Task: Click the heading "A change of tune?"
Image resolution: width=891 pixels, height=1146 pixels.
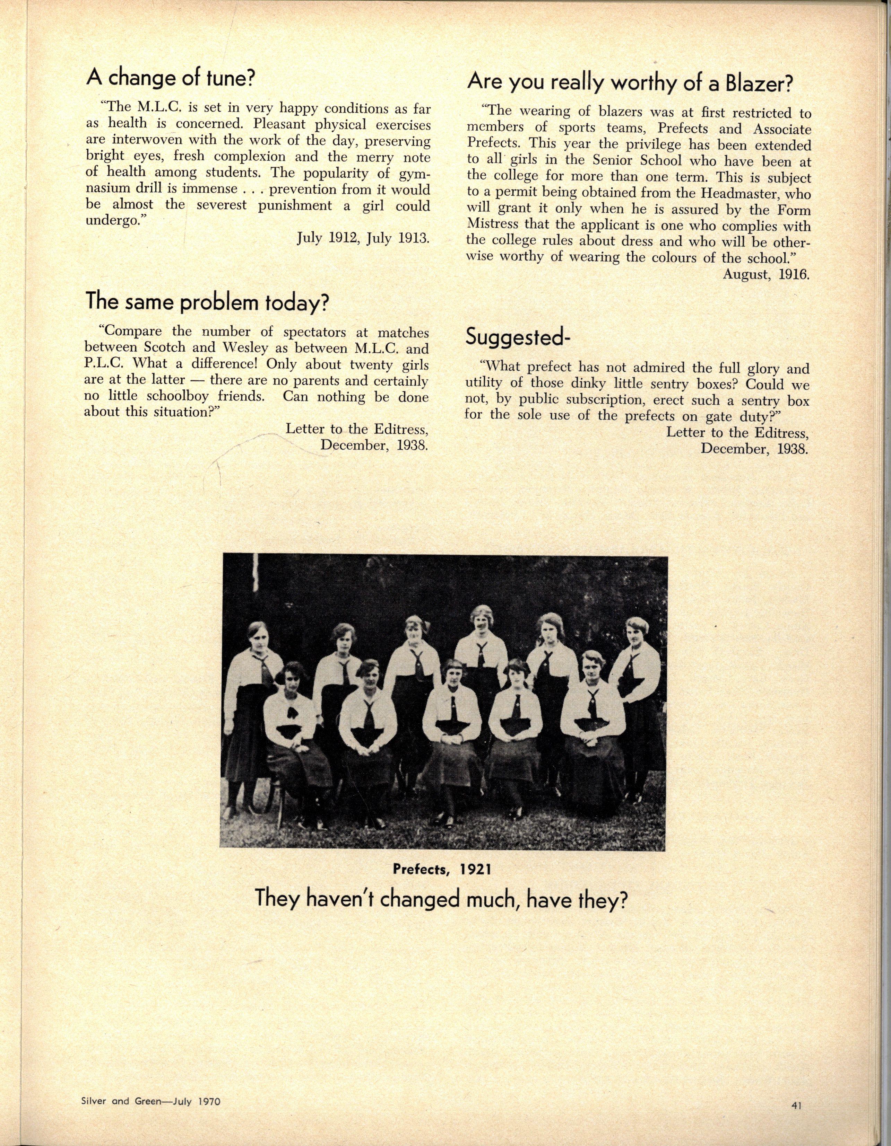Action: coord(171,79)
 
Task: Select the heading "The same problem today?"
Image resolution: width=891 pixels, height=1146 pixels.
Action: coord(207,303)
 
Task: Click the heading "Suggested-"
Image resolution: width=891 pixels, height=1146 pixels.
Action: coord(518,337)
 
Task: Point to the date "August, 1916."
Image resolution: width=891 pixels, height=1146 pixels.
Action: coord(765,274)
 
